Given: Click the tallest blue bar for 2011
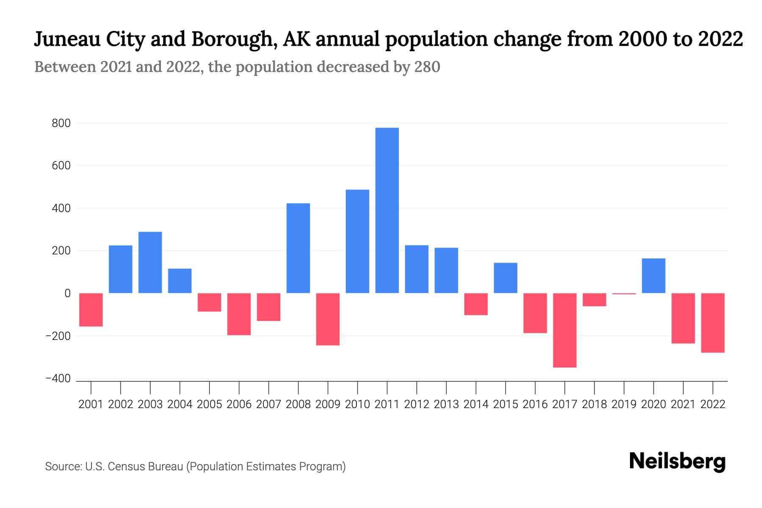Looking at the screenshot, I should [x=387, y=210].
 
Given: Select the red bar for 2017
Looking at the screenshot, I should [x=565, y=330].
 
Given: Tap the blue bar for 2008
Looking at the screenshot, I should [x=298, y=248].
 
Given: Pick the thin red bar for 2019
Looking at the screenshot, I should [x=624, y=294].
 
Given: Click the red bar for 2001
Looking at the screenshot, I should [x=91, y=309].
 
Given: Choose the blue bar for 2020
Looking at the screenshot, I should [x=654, y=276].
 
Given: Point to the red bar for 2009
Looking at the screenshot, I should [x=328, y=319].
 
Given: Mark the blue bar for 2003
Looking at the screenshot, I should [x=150, y=262].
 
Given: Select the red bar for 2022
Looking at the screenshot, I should [x=713, y=323].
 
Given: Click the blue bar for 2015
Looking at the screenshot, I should [x=505, y=278].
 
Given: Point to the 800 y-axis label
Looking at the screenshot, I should [x=61, y=124].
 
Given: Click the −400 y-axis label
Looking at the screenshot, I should [x=58, y=379].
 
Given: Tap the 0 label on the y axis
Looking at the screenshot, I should [x=67, y=293].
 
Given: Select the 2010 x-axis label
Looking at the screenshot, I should [x=357, y=404].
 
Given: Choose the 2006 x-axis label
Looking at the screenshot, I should [x=239, y=404].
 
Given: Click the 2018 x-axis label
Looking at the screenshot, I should [x=594, y=404].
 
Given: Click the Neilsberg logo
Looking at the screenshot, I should [x=677, y=461].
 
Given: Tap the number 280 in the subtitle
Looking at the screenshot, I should [x=427, y=67].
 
